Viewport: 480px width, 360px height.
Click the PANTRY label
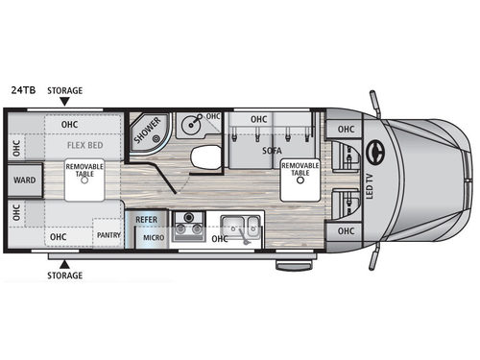pos(109,233)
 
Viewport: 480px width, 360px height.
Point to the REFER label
pos(146,219)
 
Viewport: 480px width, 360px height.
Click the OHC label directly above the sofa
pos(259,120)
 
